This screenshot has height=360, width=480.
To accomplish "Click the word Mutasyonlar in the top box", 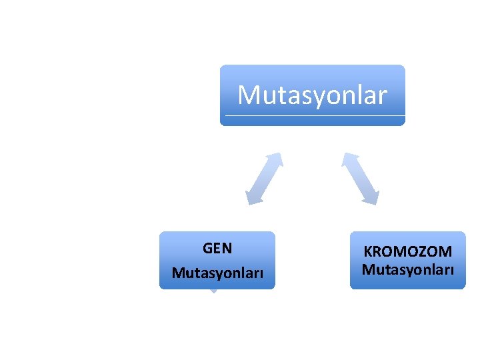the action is [312, 95].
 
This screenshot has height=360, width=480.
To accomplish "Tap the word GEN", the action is [217, 249].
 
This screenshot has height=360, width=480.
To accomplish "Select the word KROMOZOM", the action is [407, 252].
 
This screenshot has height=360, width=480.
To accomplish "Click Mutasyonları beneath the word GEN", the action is [217, 273].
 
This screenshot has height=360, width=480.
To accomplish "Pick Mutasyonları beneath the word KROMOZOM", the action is [407, 270].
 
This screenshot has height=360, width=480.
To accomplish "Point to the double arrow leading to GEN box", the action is [265, 178].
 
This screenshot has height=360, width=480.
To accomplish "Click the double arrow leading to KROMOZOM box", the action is [361, 178].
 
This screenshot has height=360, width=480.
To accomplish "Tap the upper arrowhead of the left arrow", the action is [276, 159].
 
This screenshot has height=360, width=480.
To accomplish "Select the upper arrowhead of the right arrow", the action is [349, 159].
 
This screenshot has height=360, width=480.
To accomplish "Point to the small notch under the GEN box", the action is [213, 291].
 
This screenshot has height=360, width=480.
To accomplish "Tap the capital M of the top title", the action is [249, 95].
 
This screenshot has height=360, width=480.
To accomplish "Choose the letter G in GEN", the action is [207, 249].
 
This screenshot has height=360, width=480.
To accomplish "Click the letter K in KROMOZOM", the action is [367, 252].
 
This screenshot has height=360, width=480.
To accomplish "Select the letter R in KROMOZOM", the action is [378, 252].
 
